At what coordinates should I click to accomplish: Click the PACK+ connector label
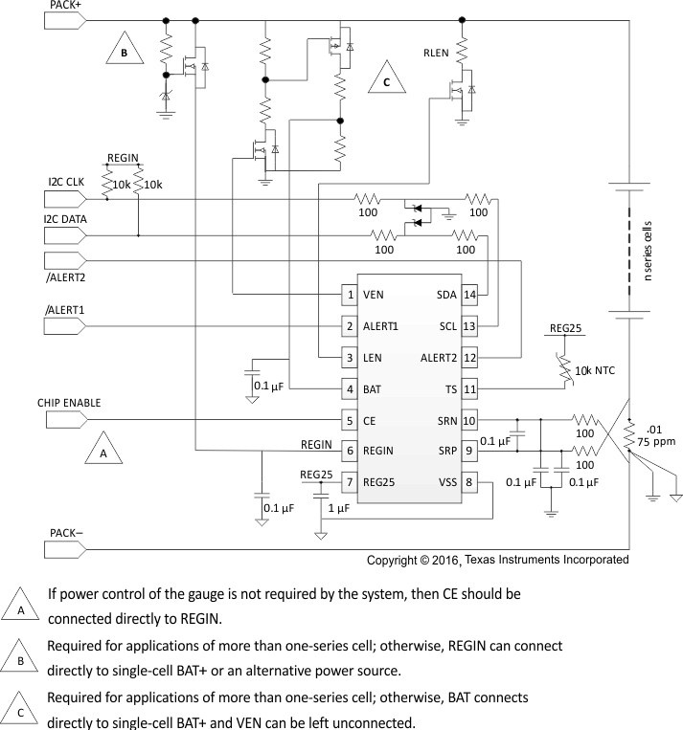pos(64,6)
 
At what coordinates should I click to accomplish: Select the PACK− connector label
pos(64,531)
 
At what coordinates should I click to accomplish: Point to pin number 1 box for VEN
pos(352,295)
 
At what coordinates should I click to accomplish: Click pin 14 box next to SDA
pos(469,295)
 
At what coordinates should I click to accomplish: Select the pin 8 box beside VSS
pos(469,482)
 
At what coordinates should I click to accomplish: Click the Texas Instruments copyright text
pos(498,560)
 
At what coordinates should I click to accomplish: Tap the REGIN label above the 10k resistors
pos(123,158)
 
